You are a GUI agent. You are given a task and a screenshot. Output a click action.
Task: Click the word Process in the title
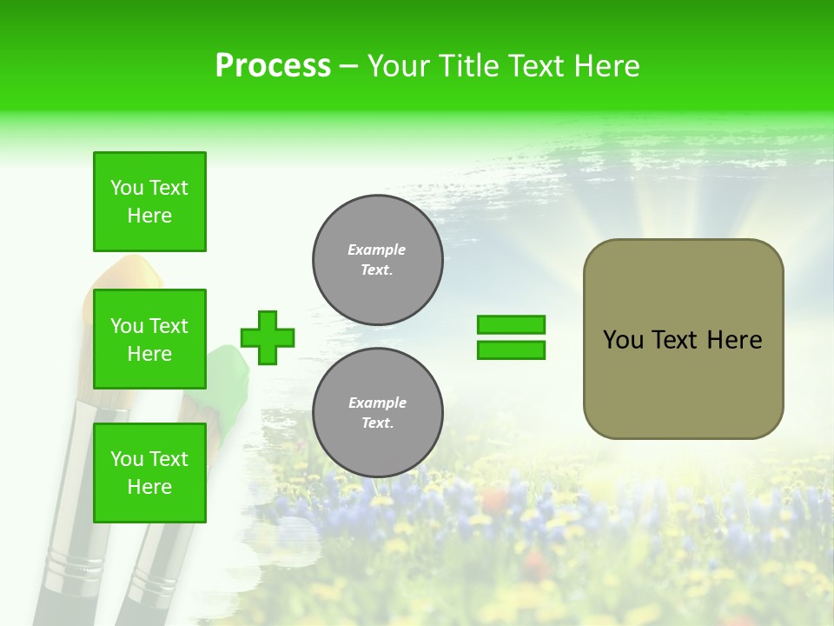tap(273, 66)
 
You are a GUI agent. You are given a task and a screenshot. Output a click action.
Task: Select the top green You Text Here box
tap(149, 202)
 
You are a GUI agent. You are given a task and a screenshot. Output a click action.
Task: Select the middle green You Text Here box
tap(149, 339)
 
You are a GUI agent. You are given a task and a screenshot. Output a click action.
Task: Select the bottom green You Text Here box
tap(149, 473)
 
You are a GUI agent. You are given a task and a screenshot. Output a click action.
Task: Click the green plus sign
tap(268, 337)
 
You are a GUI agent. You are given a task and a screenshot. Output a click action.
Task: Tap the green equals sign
tap(511, 337)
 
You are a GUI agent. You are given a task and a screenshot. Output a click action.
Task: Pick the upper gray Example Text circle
tap(378, 260)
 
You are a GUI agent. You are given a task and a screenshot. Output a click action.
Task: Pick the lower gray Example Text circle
tap(378, 413)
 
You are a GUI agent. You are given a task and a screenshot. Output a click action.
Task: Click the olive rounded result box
tap(683, 339)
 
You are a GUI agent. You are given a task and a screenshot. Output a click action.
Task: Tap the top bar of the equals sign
tap(511, 325)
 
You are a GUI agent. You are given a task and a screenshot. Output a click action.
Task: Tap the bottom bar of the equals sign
tap(511, 350)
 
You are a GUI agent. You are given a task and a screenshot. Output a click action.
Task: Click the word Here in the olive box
tap(734, 340)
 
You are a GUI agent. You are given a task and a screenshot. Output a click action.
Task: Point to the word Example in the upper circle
tap(377, 250)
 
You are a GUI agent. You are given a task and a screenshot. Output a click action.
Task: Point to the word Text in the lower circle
tap(376, 423)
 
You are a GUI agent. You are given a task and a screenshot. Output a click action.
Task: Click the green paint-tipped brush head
tap(228, 365)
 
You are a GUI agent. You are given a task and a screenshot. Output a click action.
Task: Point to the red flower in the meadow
tap(493, 500)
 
